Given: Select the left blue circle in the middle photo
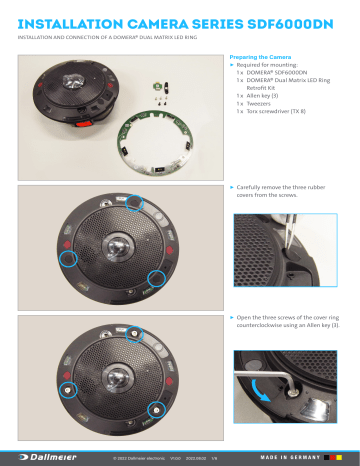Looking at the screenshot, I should pos(70,258).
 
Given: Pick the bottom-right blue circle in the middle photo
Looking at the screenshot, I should pos(156,277).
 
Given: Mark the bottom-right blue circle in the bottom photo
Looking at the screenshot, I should pos(156,409).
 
